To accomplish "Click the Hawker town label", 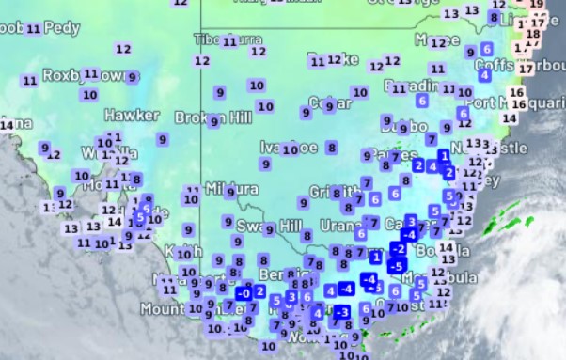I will [132, 115].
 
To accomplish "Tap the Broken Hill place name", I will [209, 118].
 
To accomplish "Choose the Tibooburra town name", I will [214, 39].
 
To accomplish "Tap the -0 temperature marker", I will [244, 292].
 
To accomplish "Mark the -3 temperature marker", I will [342, 311].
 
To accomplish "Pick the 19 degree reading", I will [538, 4].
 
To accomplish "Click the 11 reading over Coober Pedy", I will [34, 29].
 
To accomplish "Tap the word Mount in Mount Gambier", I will [159, 308].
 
